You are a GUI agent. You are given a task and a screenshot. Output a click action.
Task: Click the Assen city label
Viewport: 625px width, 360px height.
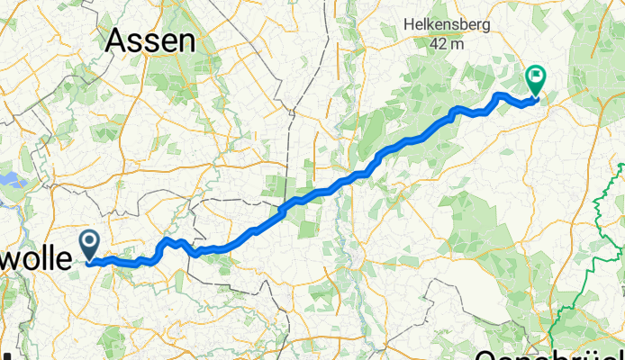[x=150, y=40]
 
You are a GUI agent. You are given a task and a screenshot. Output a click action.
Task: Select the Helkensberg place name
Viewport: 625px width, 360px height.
[x=448, y=23]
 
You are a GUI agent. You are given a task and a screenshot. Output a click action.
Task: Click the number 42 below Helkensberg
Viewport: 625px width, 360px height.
[x=438, y=42]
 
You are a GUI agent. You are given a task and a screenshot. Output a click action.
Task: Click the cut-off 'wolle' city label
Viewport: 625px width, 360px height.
[x=34, y=259]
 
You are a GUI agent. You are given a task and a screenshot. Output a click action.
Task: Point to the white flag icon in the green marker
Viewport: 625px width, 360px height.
[x=537, y=76]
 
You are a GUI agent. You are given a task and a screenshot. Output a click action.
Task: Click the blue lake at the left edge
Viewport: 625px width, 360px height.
[x=11, y=180]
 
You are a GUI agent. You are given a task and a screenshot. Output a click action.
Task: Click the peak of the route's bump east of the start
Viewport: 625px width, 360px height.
[x=168, y=240]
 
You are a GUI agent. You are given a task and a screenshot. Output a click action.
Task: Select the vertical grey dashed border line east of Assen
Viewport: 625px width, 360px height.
[x=287, y=135]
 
